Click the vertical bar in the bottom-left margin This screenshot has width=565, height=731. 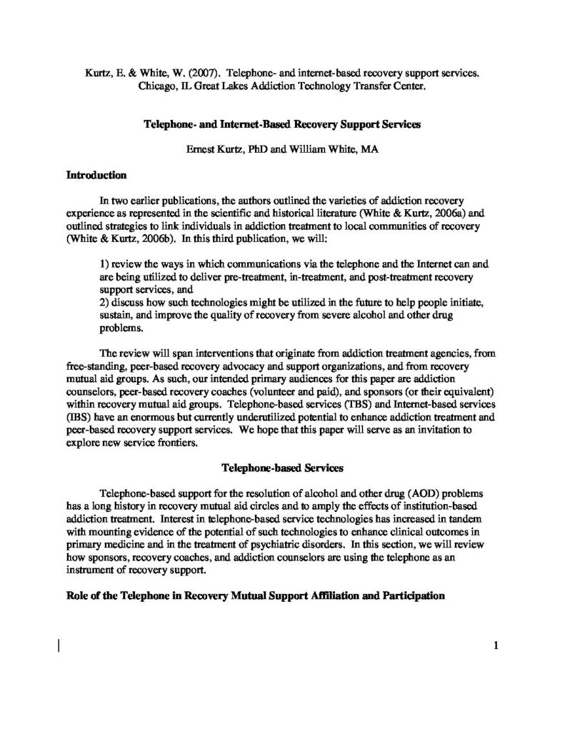pyautogui.click(x=59, y=647)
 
